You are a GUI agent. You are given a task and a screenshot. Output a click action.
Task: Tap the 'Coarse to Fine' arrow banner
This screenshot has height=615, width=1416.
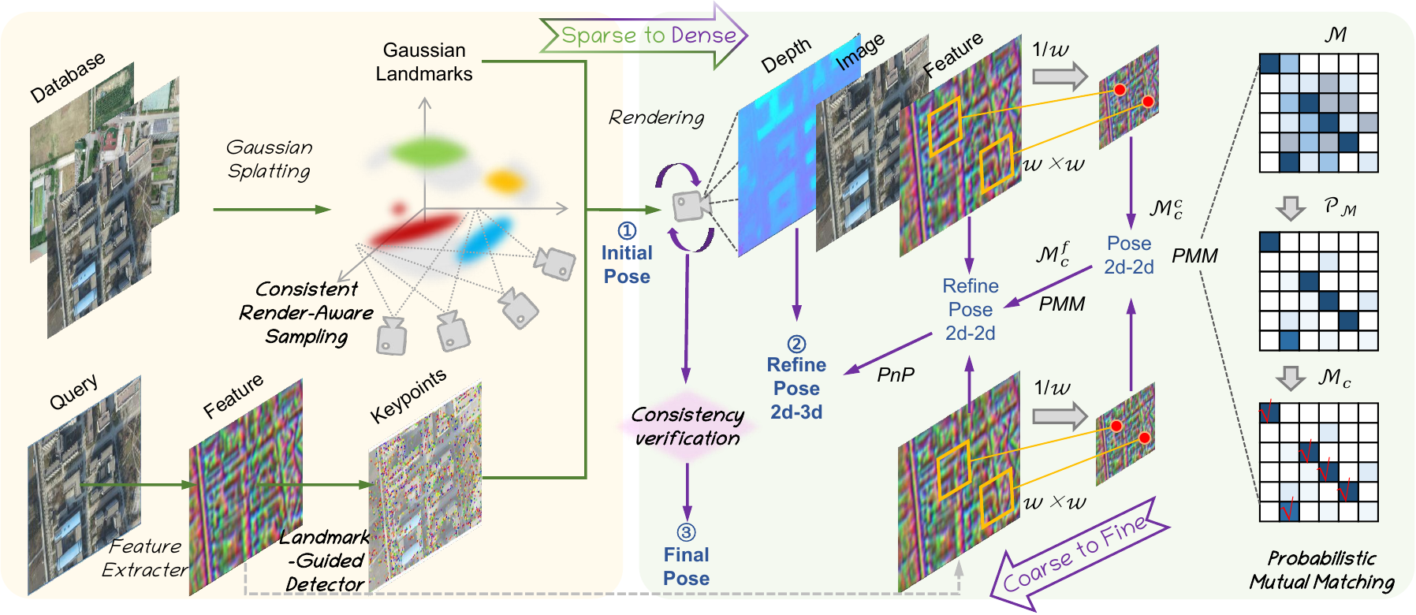click(1076, 556)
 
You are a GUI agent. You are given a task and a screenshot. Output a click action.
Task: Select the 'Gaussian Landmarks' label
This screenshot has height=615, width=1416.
click(424, 62)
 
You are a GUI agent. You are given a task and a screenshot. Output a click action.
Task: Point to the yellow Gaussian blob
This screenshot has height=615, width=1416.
click(504, 181)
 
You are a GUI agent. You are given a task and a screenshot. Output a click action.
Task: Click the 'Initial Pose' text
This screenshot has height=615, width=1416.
click(627, 264)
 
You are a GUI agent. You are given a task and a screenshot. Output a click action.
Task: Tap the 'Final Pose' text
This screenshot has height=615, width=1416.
click(686, 566)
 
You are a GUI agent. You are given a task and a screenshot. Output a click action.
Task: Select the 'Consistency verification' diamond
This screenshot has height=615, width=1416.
click(688, 427)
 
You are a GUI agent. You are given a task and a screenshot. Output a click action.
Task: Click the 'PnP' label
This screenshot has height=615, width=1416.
click(896, 375)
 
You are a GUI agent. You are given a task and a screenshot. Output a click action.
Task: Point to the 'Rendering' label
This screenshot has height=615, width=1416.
click(656, 117)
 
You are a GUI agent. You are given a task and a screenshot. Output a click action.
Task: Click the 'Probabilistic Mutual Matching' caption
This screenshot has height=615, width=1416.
click(1321, 570)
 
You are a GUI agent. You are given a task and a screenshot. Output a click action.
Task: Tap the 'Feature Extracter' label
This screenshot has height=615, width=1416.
click(145, 557)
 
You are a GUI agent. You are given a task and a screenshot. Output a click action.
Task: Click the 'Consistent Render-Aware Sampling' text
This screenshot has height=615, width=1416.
click(306, 313)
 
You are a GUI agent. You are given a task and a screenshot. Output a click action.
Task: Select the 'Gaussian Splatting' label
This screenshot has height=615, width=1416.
click(269, 159)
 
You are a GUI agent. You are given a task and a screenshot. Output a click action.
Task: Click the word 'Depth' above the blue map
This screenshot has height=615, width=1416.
click(785, 56)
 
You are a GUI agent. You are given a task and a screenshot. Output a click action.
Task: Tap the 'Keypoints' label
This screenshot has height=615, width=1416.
click(408, 395)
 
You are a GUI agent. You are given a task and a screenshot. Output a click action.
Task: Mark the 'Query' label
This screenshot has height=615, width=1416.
click(73, 392)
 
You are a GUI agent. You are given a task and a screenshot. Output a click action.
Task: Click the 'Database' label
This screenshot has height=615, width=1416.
click(67, 77)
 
